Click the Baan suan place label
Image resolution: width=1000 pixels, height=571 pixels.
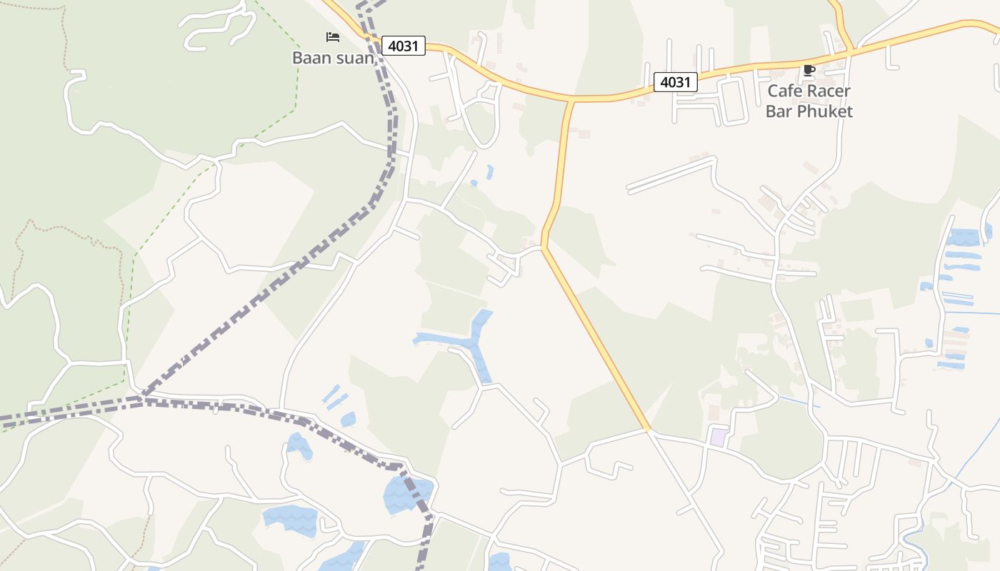[333, 58]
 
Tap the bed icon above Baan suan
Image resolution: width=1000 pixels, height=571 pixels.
[332, 36]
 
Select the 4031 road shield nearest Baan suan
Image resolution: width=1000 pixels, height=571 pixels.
[404, 46]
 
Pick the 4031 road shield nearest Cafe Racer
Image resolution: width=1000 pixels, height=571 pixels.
[675, 82]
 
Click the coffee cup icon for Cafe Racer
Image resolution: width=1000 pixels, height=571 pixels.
[809, 70]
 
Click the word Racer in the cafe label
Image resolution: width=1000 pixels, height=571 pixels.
[829, 91]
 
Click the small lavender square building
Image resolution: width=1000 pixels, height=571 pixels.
[718, 437]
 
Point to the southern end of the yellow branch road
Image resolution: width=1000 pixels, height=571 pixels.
[648, 430]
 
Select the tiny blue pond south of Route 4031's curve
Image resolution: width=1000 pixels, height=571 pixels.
[489, 172]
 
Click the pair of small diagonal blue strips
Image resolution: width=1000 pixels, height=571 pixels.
[333, 396]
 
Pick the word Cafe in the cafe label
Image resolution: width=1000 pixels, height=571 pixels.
[784, 91]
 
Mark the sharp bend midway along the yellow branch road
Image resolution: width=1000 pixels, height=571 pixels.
[544, 246]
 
